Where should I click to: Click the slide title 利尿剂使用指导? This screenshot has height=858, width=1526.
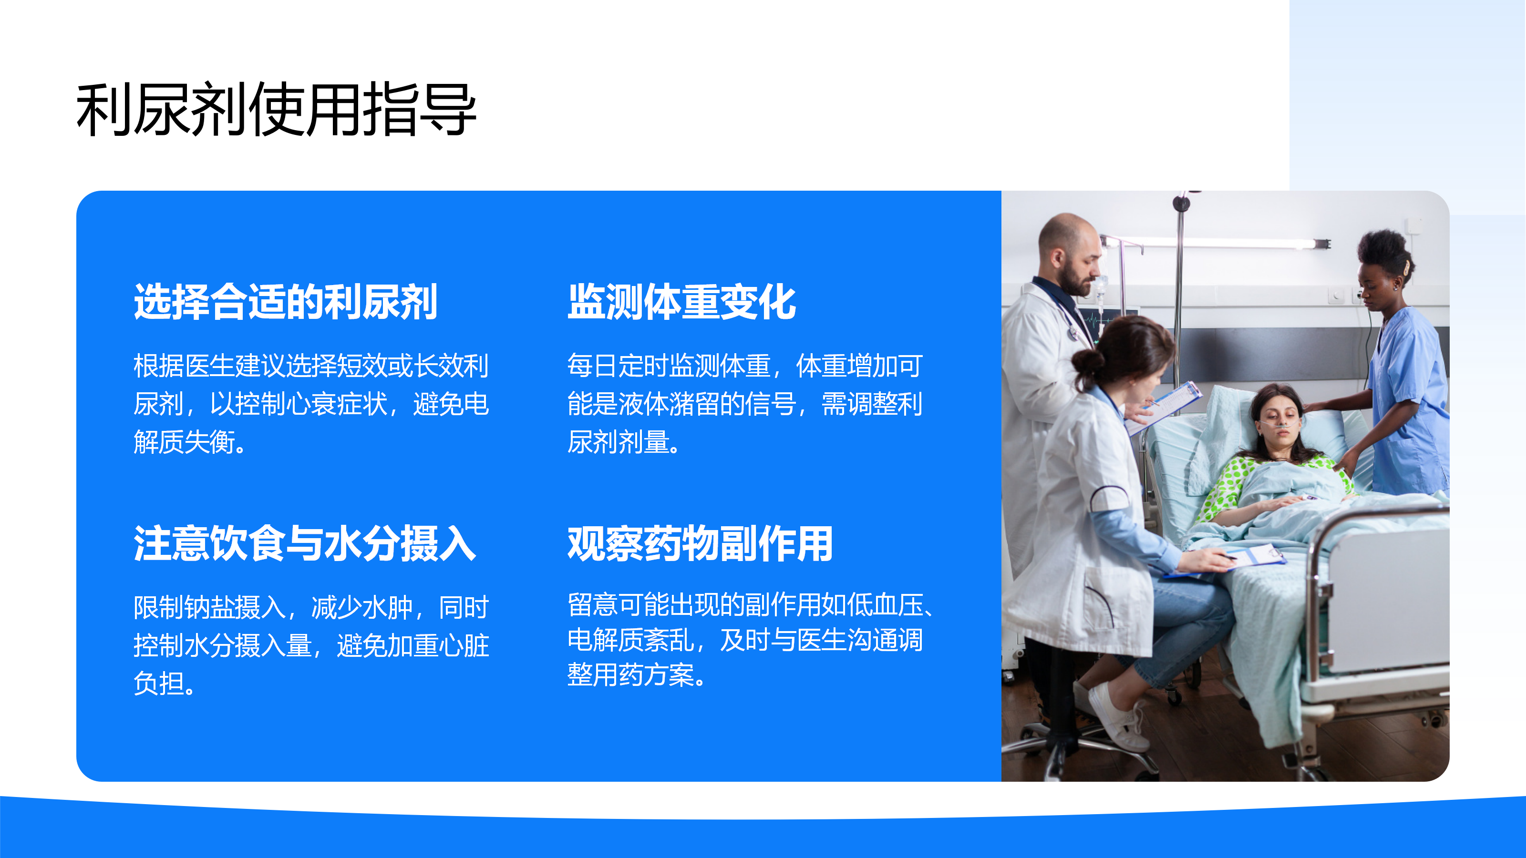276,110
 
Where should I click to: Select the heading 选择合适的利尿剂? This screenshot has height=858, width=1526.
286,302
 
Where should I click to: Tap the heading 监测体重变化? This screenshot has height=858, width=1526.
681,302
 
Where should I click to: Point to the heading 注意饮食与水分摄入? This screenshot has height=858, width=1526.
305,543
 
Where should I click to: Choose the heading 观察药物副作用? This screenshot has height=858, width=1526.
700,543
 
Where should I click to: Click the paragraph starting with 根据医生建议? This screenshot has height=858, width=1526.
311,404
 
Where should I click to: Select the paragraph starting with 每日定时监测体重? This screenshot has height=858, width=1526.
744,404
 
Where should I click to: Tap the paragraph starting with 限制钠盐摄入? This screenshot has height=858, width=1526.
311,645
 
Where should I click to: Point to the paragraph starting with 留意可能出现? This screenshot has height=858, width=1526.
749,640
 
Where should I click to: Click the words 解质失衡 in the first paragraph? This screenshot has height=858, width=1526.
184,442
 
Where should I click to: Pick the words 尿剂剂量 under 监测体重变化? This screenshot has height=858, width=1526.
618,442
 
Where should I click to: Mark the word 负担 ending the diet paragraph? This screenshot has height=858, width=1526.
159,684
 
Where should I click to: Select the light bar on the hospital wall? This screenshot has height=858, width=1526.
1215,243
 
